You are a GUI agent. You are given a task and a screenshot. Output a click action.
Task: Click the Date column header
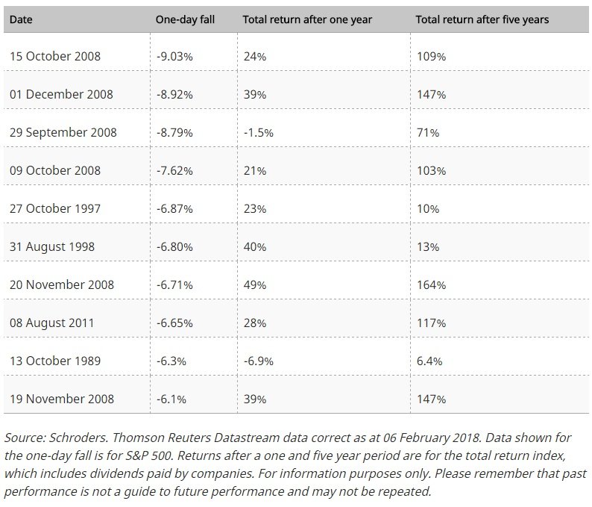click(21, 19)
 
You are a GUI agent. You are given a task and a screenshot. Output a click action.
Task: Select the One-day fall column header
click(185, 19)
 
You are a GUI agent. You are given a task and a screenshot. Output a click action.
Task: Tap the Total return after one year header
click(307, 19)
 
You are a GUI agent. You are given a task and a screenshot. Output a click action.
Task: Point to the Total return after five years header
click(482, 19)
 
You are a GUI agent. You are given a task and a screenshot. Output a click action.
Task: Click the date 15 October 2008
click(55, 56)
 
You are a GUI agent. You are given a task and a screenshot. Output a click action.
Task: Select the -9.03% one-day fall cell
click(174, 57)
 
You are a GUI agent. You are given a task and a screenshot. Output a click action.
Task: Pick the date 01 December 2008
click(61, 94)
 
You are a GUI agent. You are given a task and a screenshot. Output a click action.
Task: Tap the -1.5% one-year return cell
click(258, 133)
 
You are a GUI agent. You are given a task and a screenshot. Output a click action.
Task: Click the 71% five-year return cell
click(428, 133)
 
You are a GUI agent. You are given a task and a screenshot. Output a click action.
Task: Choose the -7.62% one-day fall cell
click(174, 171)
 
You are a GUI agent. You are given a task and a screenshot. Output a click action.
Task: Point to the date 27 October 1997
click(55, 208)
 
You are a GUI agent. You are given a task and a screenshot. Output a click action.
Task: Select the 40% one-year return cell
click(255, 247)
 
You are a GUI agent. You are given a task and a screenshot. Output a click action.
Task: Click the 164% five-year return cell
click(431, 285)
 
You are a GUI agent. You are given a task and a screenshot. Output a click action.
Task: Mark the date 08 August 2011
click(51, 323)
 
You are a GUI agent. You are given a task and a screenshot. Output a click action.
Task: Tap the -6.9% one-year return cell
click(258, 361)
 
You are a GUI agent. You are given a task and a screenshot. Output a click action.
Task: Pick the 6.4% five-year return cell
click(429, 361)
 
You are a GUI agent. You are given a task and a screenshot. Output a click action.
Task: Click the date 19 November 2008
click(62, 399)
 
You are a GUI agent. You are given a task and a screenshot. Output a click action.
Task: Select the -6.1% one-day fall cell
click(171, 399)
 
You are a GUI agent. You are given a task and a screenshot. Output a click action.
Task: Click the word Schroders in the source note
click(78, 438)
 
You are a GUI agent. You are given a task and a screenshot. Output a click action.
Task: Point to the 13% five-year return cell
click(428, 247)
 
